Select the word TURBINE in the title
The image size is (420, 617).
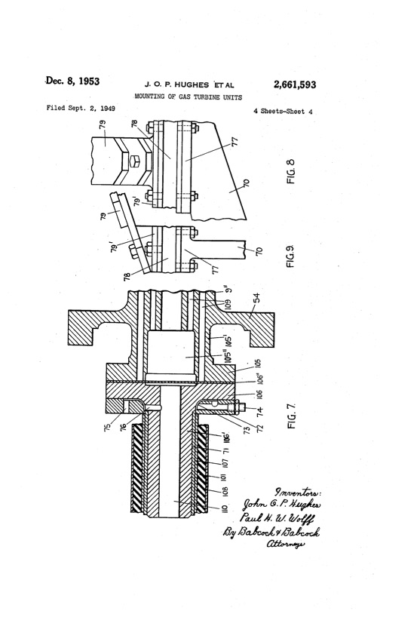point(198,97)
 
